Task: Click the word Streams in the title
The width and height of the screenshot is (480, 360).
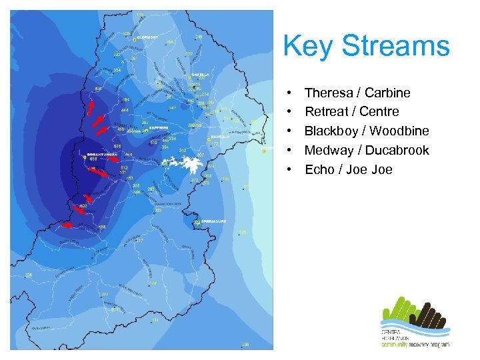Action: coord(396,47)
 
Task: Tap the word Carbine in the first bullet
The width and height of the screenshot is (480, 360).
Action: coord(387,93)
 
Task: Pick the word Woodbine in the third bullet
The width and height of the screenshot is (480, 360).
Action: coord(399,131)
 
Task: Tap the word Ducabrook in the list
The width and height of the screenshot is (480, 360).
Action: coord(396,150)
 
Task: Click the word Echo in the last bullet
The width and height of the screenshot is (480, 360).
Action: coord(319,169)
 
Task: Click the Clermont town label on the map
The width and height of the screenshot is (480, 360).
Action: coord(148,38)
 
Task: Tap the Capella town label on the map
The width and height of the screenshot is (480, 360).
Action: coord(201,75)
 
